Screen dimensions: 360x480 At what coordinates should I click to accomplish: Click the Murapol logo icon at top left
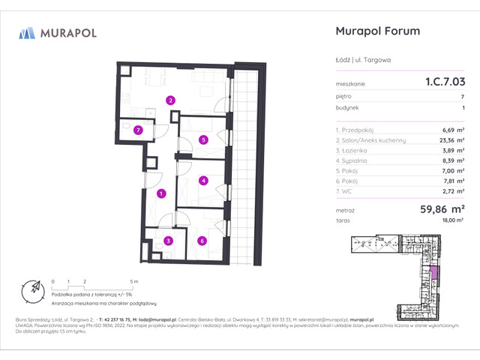[x=28, y=32]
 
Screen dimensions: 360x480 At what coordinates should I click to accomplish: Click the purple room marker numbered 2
[x=171, y=100]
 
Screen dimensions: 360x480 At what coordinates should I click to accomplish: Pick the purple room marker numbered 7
[x=137, y=130]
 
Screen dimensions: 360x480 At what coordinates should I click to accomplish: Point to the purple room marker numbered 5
[x=203, y=139]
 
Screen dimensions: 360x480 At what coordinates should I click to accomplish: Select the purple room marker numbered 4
[x=203, y=180]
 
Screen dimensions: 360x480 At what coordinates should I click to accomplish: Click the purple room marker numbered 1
[x=161, y=194]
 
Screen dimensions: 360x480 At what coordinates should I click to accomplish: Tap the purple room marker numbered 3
[x=169, y=241]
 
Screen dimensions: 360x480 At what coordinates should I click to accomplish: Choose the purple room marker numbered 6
[x=202, y=241]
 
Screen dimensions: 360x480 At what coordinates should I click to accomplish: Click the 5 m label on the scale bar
[x=132, y=280]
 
